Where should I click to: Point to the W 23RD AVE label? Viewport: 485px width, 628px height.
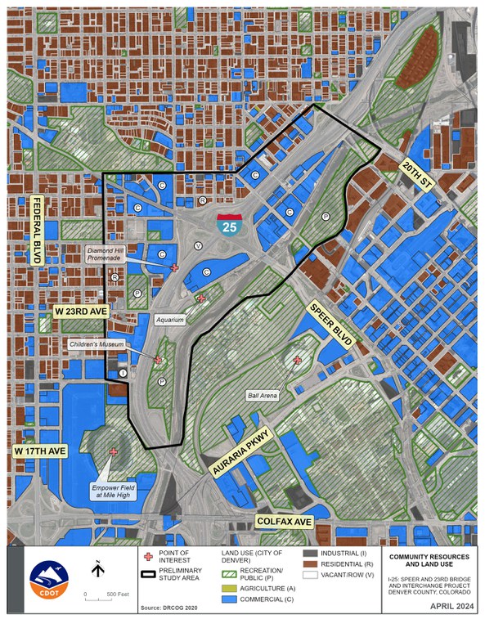coord(82,312)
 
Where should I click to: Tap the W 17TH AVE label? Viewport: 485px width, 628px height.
coord(41,451)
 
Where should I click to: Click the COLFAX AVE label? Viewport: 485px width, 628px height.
coord(285,521)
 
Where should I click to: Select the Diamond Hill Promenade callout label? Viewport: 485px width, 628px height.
coord(106,254)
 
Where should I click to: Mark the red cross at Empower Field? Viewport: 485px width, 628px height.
coord(113,451)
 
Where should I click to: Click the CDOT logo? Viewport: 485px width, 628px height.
coord(43,581)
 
